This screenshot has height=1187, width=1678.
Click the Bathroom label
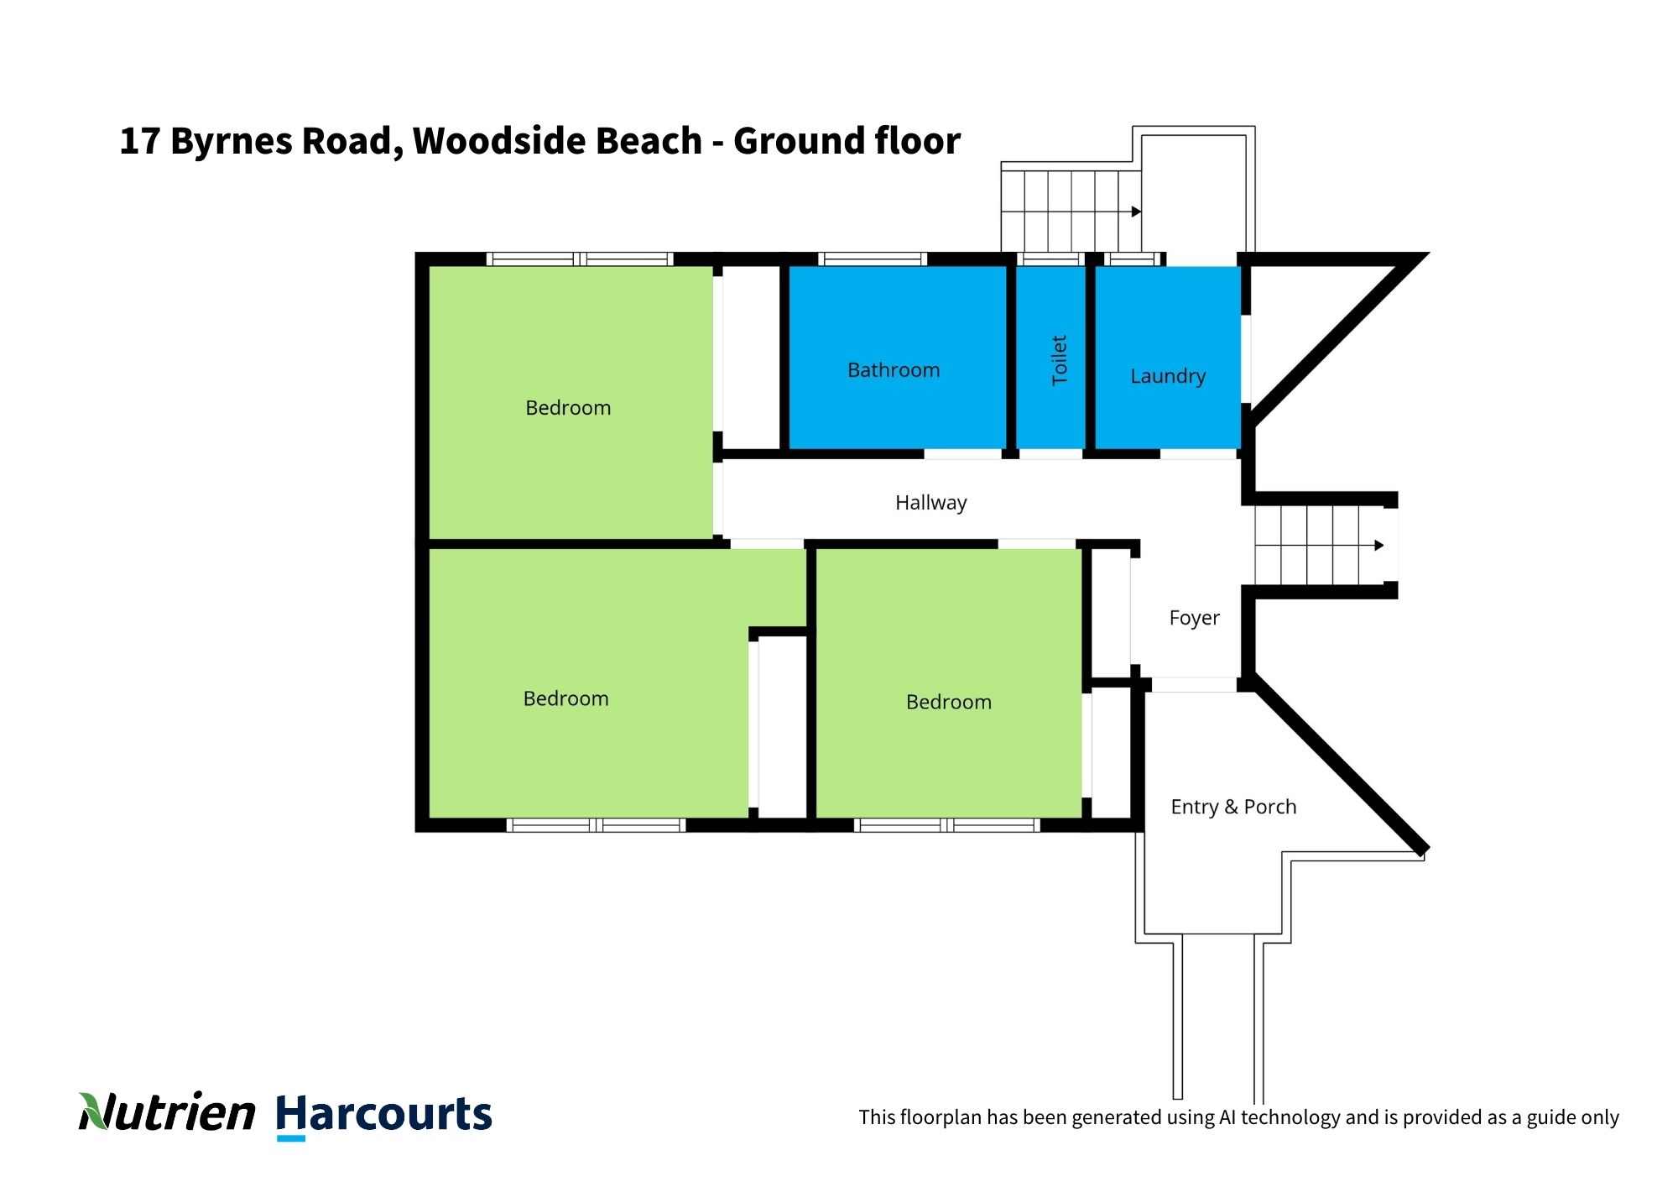tap(894, 370)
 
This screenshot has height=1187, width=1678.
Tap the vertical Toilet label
tap(1060, 360)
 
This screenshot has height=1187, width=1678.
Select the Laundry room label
tap(1168, 376)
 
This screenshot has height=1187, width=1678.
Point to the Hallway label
tap(930, 503)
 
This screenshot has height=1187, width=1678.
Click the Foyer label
tap(1194, 618)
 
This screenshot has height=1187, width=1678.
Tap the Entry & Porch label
tap(1233, 807)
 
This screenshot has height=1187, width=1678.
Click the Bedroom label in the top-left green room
tap(568, 408)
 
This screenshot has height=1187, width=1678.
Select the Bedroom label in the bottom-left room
tap(565, 698)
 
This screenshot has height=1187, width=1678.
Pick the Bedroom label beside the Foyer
tap(949, 702)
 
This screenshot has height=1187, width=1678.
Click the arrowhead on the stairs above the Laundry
tap(1136, 212)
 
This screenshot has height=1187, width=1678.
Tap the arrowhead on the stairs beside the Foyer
tap(1378, 546)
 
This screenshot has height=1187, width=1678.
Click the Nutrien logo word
tap(167, 1112)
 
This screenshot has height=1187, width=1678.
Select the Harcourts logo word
tap(383, 1114)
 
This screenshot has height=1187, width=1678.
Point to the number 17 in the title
tap(139, 141)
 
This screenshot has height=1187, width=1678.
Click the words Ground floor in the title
tap(847, 141)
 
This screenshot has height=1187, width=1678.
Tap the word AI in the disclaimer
tap(1227, 1117)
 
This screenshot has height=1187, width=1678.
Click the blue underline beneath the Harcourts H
tap(290, 1138)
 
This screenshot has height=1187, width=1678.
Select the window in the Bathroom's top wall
tap(873, 259)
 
